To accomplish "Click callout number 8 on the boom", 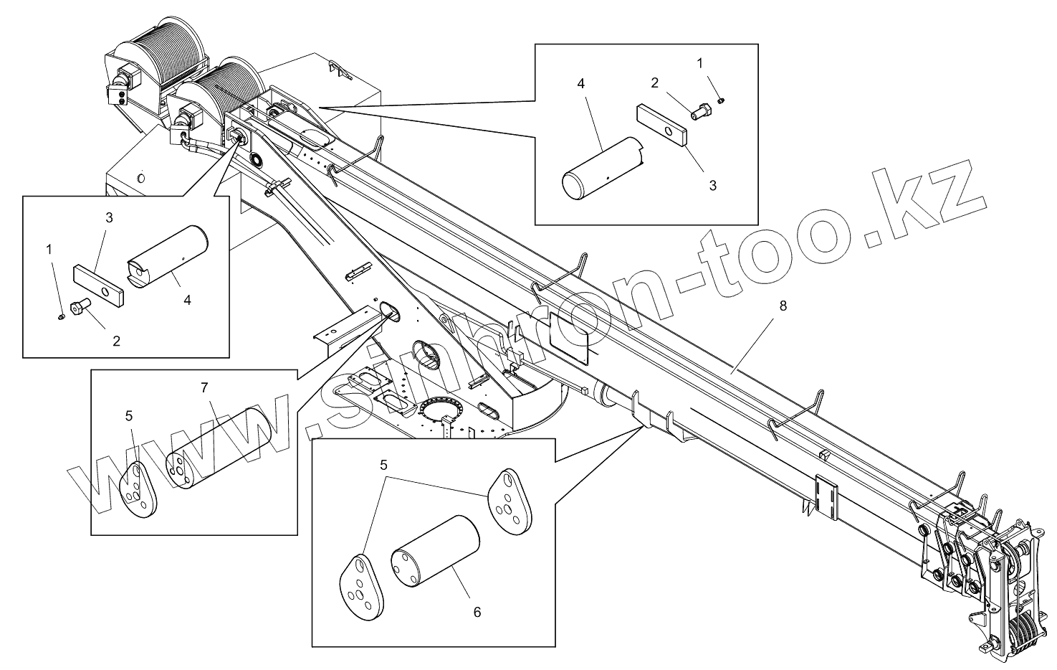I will [x=783, y=306].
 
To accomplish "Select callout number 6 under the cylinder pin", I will [x=477, y=612].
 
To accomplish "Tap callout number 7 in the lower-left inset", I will [x=204, y=388].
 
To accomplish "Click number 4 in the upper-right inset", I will [x=580, y=84].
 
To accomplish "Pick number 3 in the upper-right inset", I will [x=712, y=185].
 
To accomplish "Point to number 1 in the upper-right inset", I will [x=699, y=63].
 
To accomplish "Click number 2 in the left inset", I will [x=116, y=341].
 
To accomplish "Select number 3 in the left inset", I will [x=109, y=218].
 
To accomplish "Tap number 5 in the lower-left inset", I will [x=129, y=415].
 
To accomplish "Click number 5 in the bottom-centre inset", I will [x=384, y=465].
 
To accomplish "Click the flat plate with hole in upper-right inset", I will [x=661, y=126].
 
